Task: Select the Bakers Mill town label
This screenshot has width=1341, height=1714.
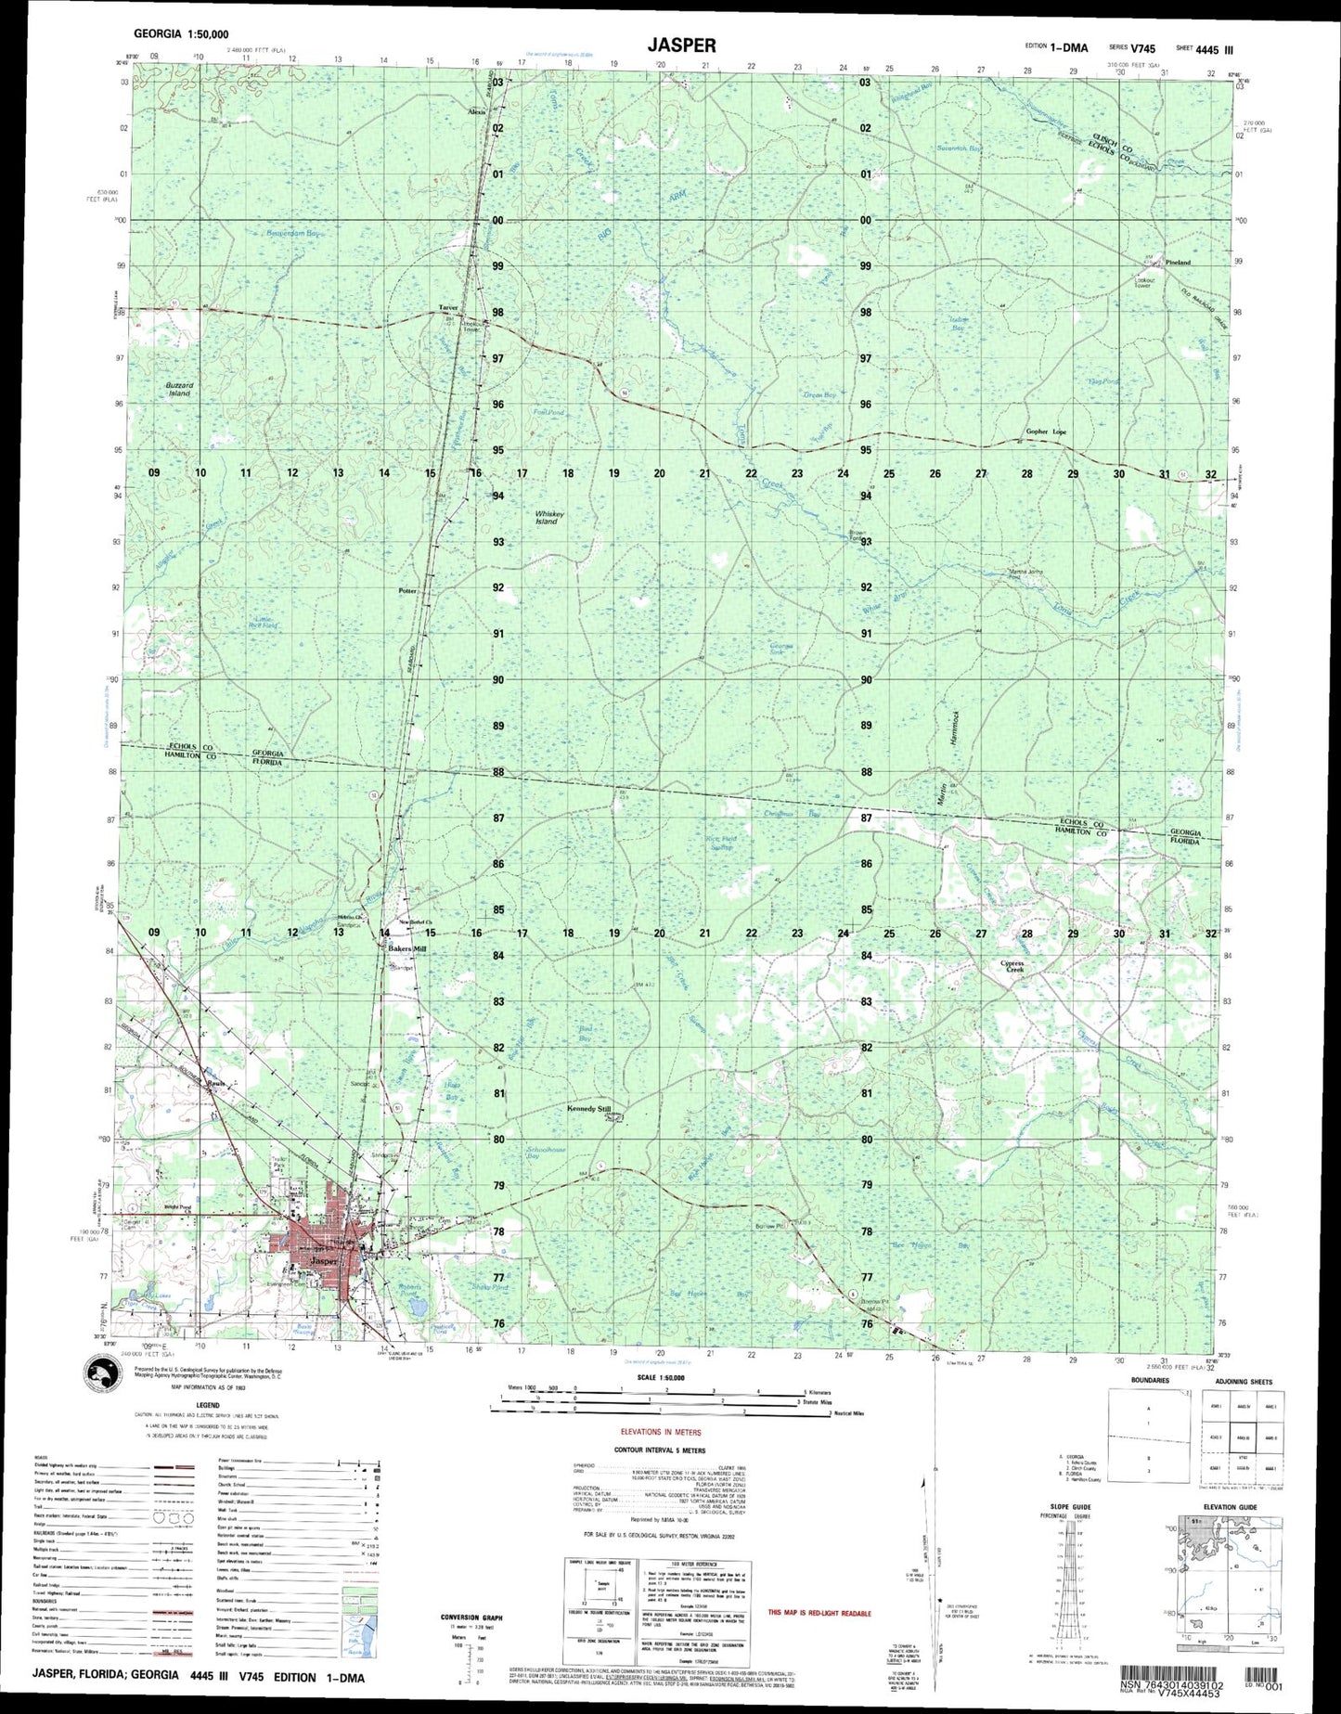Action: tap(406, 949)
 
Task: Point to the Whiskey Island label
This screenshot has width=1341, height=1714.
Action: tap(549, 517)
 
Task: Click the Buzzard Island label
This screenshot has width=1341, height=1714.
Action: tap(179, 389)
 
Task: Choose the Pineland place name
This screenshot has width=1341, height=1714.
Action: tap(1178, 263)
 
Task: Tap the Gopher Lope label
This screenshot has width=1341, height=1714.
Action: tap(1046, 432)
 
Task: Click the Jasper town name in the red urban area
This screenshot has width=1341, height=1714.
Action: tap(325, 1261)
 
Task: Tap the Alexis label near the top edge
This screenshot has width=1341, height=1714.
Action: tap(476, 112)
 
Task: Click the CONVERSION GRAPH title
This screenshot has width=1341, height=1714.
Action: tap(471, 1617)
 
